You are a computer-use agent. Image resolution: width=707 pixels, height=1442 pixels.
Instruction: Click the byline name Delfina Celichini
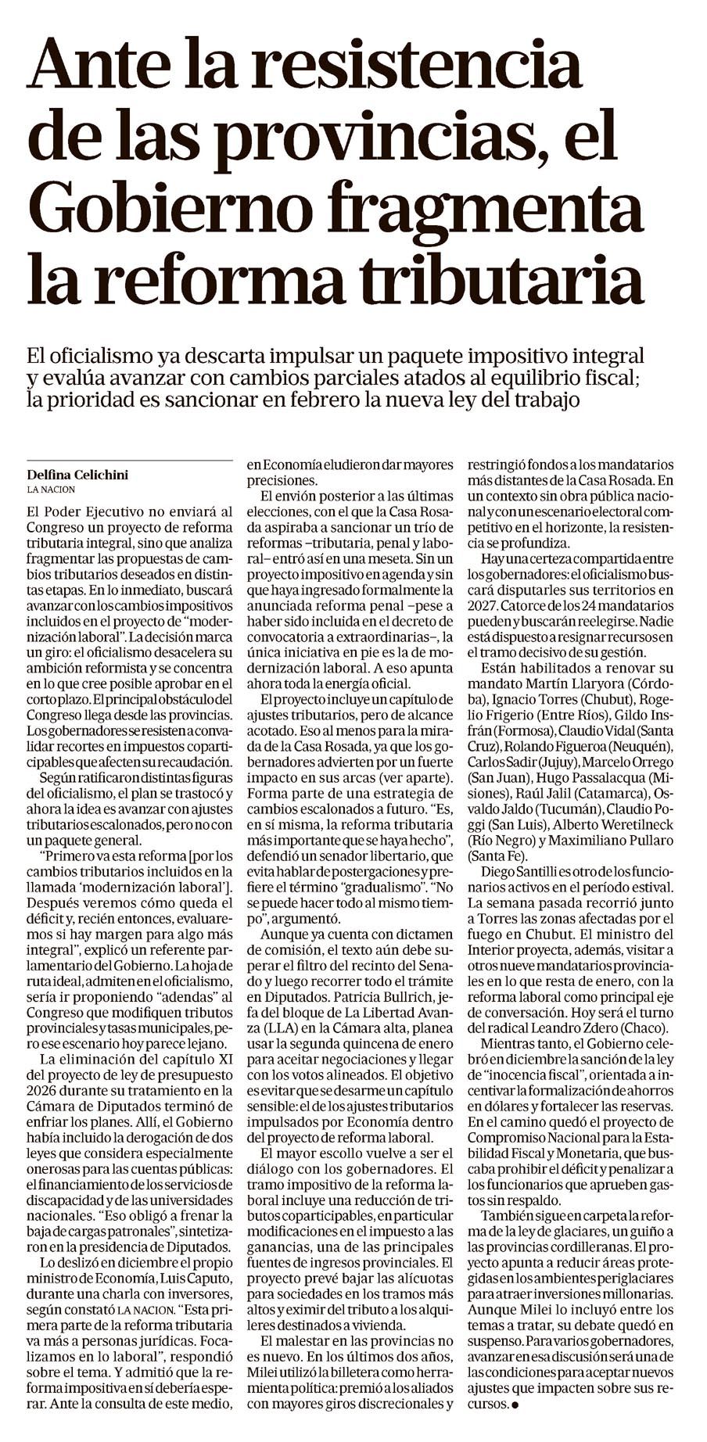click(77, 475)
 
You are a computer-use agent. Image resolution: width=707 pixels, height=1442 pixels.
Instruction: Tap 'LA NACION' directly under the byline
click(51, 490)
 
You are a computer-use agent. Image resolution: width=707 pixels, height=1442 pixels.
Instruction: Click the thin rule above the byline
click(129, 461)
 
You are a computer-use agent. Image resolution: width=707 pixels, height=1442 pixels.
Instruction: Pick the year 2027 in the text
click(483, 604)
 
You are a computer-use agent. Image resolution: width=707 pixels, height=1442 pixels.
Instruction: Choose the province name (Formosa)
click(501, 730)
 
